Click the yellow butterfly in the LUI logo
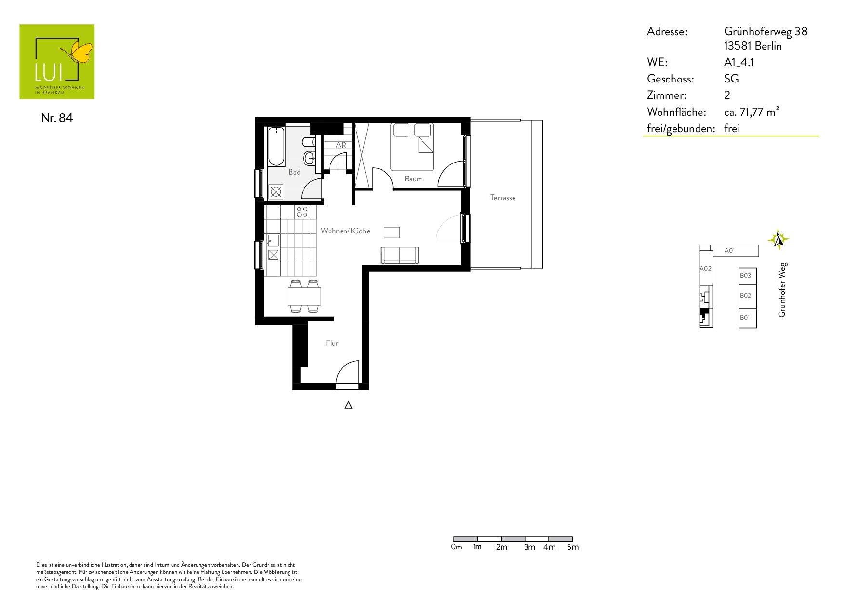[81, 52]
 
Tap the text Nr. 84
[57, 118]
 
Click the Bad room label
[294, 172]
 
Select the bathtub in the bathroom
[277, 146]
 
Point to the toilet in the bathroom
[308, 142]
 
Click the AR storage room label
[341, 145]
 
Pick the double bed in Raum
[412, 147]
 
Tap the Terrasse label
[503, 198]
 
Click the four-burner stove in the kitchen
[302, 212]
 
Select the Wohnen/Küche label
[345, 231]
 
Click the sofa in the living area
[400, 255]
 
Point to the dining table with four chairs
[304, 296]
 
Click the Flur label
[332, 343]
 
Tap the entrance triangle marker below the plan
[348, 406]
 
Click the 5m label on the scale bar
[573, 547]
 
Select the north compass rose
[779, 239]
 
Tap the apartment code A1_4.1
[739, 62]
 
